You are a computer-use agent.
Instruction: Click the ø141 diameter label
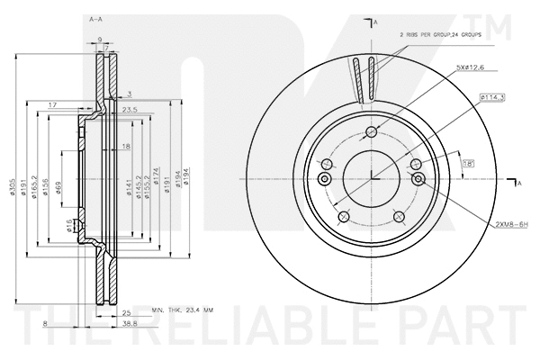pos(129,186)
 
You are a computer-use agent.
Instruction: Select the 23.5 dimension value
pos(129,111)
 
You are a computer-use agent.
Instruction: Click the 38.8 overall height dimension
pos(130,322)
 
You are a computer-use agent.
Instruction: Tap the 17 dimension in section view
pos(52,105)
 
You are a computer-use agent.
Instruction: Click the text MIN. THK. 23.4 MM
pos(183,309)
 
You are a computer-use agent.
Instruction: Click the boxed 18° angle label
pos(468,163)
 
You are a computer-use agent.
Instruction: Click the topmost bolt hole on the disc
pos(371,133)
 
